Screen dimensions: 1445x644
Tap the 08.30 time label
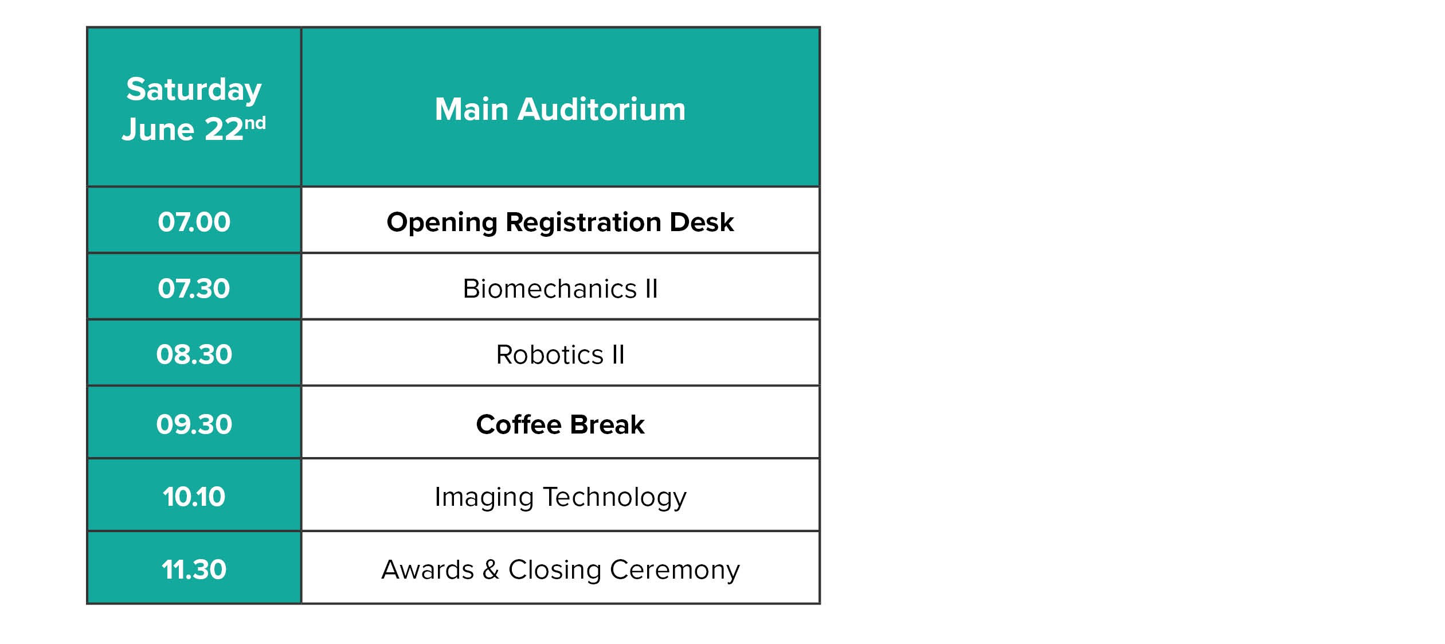(194, 354)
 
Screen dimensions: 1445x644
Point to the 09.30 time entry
(194, 424)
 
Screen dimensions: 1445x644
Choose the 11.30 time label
(194, 569)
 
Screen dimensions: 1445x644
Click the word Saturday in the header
(194, 90)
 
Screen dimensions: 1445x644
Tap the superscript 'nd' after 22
(255, 123)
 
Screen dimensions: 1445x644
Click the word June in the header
(158, 129)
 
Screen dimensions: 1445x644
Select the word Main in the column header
(472, 109)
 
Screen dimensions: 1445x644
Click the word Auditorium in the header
(601, 109)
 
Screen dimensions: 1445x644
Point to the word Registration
(584, 223)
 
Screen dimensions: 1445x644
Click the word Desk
(702, 222)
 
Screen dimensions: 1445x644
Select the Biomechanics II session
(560, 288)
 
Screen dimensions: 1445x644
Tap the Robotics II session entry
(560, 354)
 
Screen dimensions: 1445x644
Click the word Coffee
(519, 424)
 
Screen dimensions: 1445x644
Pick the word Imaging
(484, 497)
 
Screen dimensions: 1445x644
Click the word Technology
(614, 497)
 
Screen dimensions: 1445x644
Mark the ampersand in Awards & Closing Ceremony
(491, 569)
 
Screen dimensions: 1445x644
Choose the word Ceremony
(675, 570)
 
